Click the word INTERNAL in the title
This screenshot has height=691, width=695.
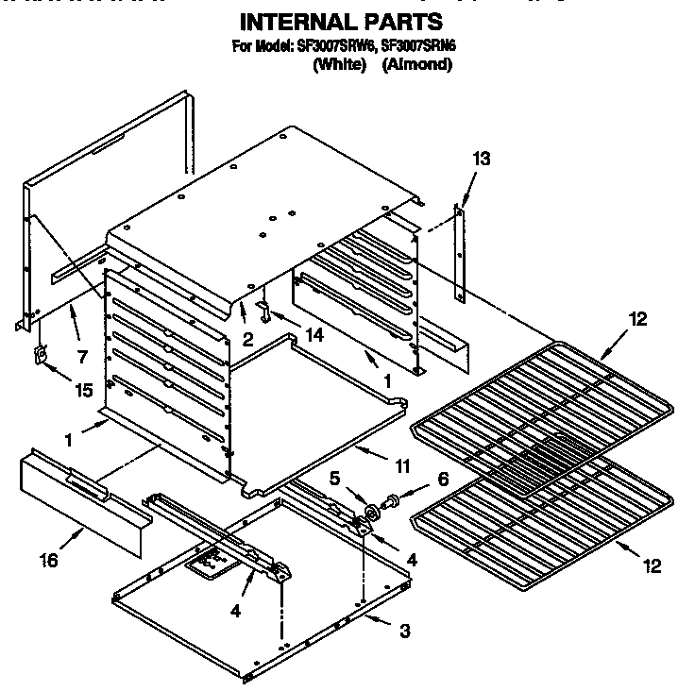pyautogui.click(x=294, y=21)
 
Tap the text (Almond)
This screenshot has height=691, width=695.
pyautogui.click(x=417, y=64)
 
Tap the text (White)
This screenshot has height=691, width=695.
pyautogui.click(x=339, y=64)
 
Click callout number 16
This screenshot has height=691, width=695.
pyautogui.click(x=49, y=561)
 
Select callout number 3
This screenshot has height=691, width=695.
pyautogui.click(x=404, y=631)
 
